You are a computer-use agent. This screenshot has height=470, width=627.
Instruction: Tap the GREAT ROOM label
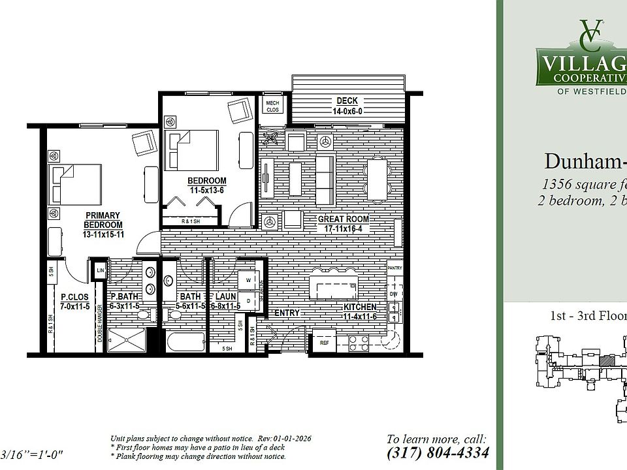344,224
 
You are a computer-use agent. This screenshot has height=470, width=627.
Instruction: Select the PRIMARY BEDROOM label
103,225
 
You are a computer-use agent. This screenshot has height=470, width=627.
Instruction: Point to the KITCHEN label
360,311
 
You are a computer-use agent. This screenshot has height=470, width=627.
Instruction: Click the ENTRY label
287,313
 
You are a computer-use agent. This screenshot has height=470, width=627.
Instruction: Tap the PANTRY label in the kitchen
394,268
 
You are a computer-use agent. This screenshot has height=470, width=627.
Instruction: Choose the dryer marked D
248,300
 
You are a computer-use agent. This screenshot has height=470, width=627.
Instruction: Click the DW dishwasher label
394,294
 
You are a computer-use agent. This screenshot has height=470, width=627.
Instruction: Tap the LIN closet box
101,270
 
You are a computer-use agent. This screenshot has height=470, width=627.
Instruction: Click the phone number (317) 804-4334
437,452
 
